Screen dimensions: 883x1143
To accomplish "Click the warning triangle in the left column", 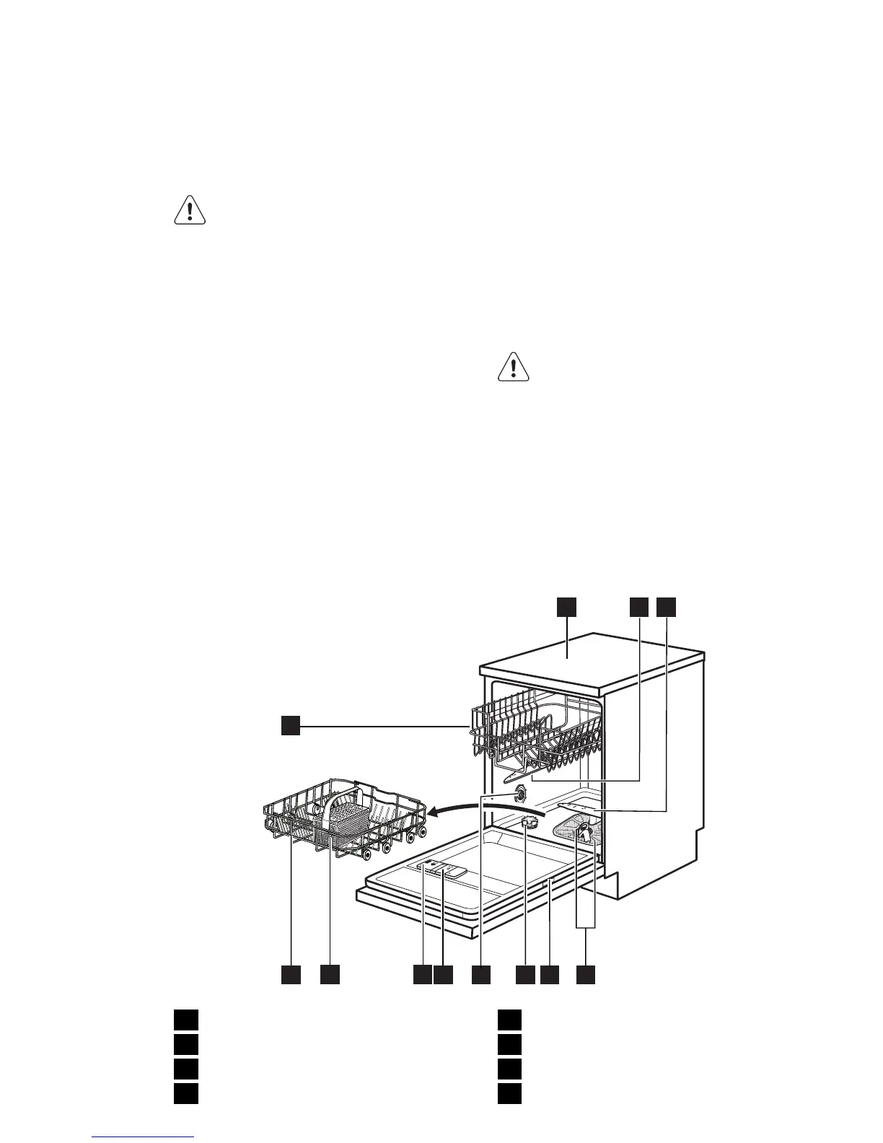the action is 190,209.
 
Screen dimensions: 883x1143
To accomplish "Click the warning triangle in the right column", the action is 514,366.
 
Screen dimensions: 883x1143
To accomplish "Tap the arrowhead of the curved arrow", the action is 434,813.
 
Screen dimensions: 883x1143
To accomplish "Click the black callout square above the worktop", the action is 566,608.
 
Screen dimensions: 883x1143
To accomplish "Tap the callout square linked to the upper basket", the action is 290,726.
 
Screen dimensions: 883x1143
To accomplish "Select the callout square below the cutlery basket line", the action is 330,975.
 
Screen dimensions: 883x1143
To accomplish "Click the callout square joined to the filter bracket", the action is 587,975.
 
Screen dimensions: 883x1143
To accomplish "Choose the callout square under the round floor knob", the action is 526,975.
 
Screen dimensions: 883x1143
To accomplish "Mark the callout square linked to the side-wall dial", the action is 481,975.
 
